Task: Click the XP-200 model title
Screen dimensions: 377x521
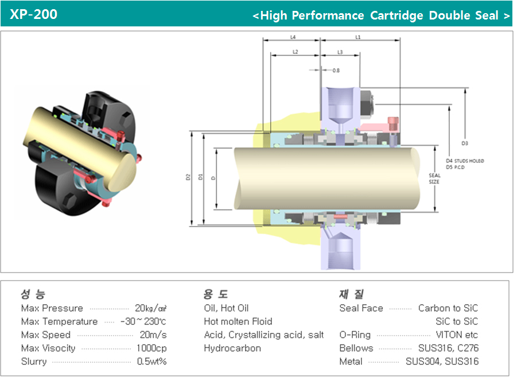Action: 34,14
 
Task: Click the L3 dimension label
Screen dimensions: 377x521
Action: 340,52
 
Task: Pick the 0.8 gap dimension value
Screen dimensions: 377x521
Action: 336,70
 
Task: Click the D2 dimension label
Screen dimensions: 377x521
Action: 188,177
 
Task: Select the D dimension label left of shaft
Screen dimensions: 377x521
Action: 213,178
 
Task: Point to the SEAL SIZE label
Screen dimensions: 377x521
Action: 434,178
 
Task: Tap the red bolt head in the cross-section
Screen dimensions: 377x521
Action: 393,122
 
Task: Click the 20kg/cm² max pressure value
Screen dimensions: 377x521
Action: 150,308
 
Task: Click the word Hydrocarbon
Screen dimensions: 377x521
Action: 232,348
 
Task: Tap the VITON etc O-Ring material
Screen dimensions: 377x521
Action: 457,335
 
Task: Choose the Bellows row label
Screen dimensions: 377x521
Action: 356,348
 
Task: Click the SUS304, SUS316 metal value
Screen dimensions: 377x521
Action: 442,362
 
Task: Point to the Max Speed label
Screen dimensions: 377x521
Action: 46,335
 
